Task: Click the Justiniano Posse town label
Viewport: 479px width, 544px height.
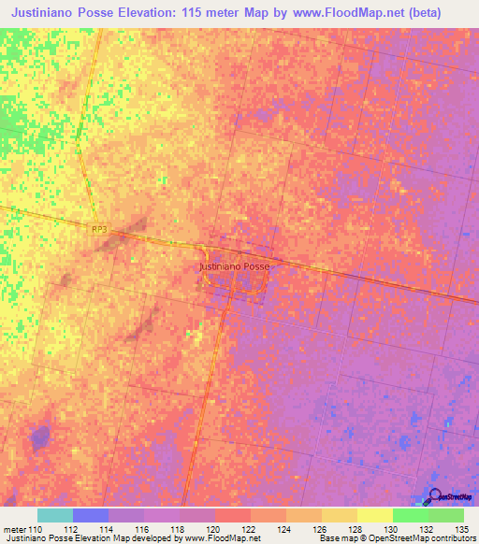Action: point(234,266)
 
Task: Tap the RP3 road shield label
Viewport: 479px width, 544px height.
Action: point(100,229)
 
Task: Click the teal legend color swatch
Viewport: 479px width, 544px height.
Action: point(55,515)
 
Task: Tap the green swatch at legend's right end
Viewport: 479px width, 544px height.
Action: point(446,515)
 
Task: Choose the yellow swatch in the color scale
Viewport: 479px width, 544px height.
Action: point(374,515)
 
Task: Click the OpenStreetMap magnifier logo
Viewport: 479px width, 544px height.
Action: point(435,498)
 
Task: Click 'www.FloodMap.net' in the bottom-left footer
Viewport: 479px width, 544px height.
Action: point(210,538)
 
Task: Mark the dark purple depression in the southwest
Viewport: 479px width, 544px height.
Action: point(39,437)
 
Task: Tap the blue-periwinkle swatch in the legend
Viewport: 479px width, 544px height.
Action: point(91,515)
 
